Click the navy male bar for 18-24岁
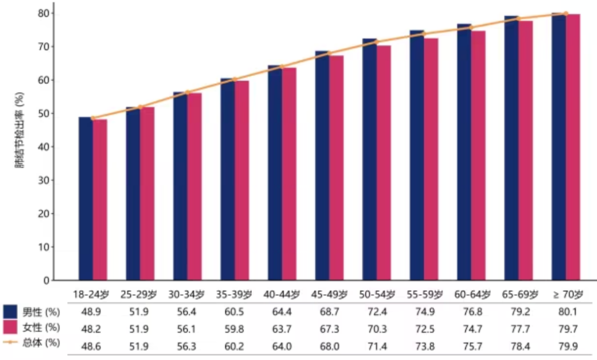point(86,198)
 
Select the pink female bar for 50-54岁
point(384,163)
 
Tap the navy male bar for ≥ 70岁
point(559,146)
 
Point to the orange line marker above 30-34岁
point(187,92)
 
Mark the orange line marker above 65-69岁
point(518,19)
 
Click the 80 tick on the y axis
point(44,13)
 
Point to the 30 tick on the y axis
point(44,180)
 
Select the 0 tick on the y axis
point(47,281)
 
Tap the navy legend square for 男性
point(10,311)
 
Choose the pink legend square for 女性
point(10,327)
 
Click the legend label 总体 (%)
point(41,343)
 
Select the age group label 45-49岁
point(329,295)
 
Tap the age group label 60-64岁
point(472,295)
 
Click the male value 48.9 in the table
point(91,312)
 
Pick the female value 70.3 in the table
point(377,329)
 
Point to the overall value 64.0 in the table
point(282,347)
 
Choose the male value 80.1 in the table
point(568,312)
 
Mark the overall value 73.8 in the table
point(425,347)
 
